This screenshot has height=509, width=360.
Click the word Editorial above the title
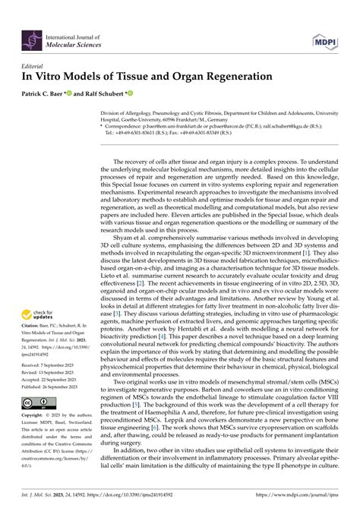(x=36, y=67)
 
